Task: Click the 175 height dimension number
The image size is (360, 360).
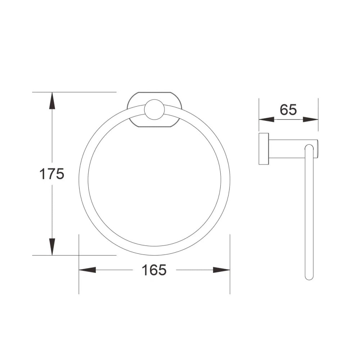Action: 51,174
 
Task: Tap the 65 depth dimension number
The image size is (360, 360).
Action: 288,109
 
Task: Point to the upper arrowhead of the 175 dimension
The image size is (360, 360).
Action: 52,100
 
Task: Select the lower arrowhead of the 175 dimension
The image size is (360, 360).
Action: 52,247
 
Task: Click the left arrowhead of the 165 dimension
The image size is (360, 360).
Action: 87,270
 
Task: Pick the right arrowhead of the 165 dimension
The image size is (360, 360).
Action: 221,270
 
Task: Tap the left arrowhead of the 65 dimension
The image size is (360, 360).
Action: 266,120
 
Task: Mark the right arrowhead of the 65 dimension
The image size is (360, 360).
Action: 311,120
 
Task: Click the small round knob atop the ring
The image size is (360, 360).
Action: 154,109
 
